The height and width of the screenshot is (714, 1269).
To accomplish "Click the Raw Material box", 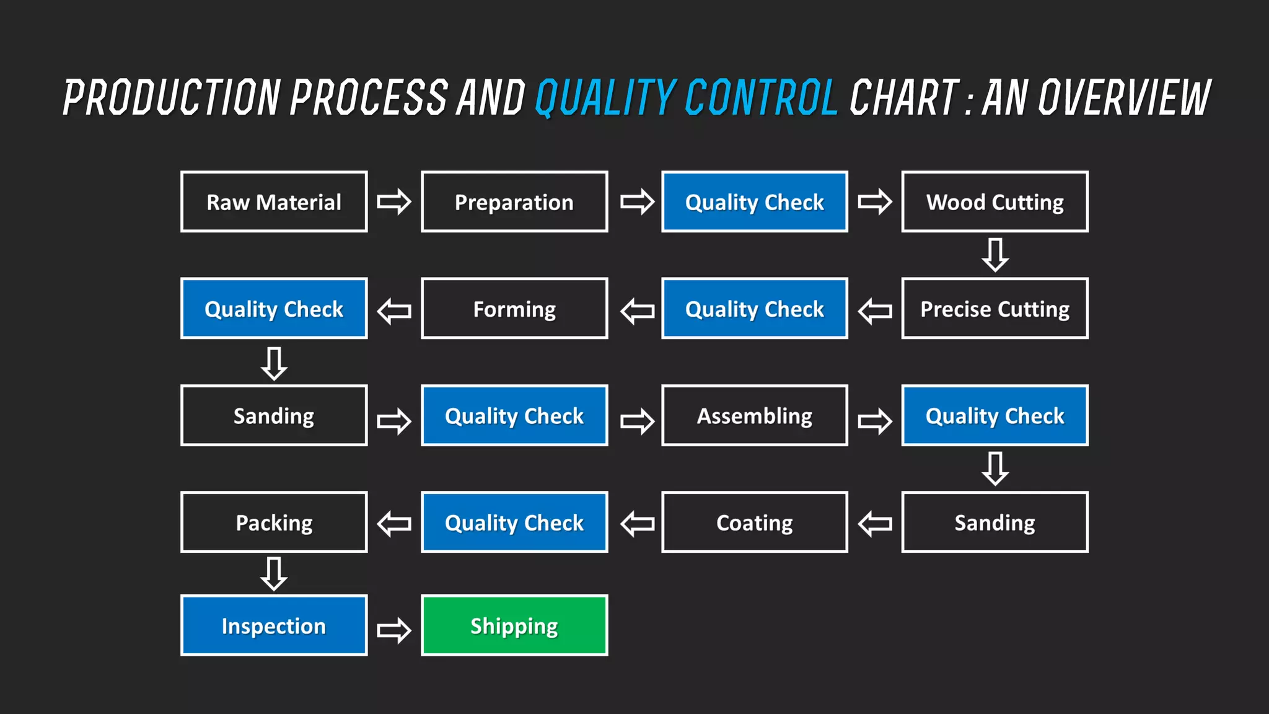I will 274,201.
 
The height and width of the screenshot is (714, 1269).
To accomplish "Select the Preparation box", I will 514,201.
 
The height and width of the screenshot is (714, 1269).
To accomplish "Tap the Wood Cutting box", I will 995,201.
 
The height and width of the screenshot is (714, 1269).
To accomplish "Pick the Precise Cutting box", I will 995,308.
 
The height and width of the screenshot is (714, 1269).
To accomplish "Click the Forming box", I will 514,308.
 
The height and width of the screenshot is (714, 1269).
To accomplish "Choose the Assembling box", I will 754,415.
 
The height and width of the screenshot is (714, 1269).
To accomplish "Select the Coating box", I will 754,522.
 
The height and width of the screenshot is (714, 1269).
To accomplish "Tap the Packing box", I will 274,522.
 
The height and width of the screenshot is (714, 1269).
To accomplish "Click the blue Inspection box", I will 274,625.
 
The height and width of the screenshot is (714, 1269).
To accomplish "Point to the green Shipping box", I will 514,625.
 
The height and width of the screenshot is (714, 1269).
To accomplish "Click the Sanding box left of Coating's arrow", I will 995,522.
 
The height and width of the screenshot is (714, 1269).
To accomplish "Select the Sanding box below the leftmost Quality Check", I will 274,415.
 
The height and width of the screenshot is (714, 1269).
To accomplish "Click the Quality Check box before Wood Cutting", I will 754,201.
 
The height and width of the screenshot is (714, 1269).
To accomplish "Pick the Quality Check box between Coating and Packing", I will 514,522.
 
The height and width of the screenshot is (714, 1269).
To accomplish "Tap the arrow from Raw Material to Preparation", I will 394,201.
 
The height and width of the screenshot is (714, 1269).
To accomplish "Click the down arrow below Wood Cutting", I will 995,254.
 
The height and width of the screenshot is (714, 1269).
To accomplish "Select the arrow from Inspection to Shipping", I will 394,630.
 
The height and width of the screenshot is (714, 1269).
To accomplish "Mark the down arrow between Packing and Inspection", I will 274,573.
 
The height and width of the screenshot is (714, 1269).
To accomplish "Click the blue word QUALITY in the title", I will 604,97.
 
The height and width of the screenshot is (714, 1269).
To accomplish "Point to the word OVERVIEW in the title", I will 1123,97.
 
